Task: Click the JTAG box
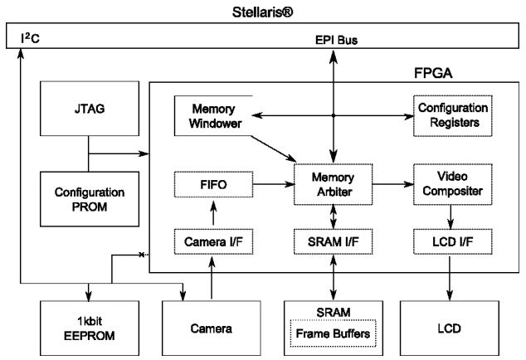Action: pyautogui.click(x=87, y=108)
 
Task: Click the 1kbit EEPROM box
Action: pyautogui.click(x=87, y=328)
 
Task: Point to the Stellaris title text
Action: pyautogui.click(x=263, y=12)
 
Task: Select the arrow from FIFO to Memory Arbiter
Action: pyautogui.click(x=270, y=183)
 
